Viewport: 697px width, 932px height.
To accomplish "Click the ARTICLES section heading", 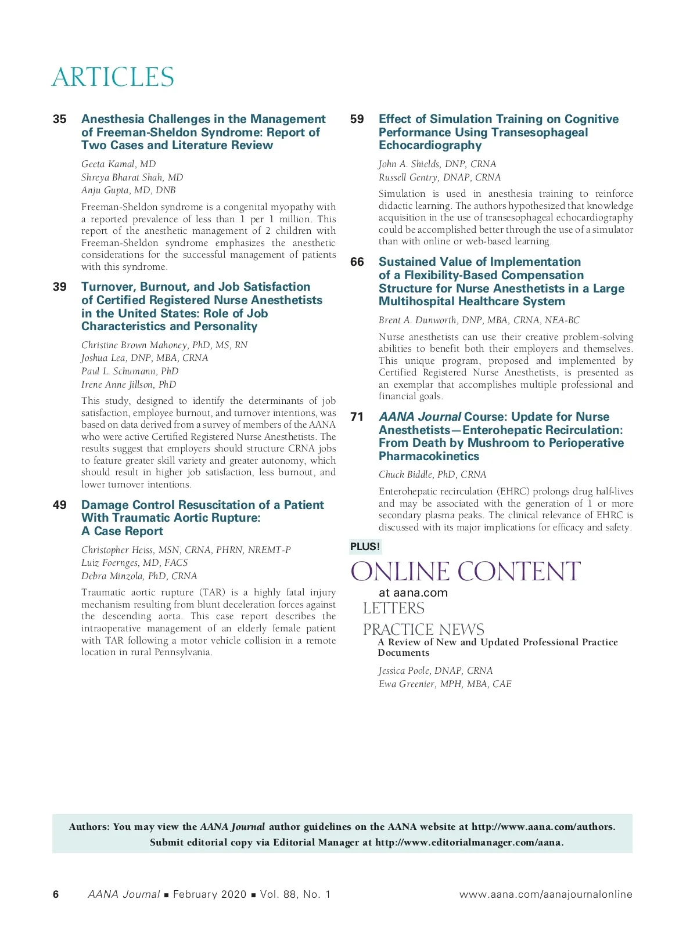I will coord(113,77).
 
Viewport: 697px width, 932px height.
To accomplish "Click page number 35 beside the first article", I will coord(59,119).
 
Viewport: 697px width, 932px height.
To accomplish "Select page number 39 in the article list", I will coord(59,287).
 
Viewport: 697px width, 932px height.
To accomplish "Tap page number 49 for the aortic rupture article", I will coord(59,505).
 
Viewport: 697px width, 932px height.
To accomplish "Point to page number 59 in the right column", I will coord(357,119).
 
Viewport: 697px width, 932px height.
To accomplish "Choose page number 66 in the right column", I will coord(357,262).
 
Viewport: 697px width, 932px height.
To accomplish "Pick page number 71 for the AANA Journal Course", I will coord(357,417).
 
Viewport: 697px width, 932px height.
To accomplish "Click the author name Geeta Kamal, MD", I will coord(118,164).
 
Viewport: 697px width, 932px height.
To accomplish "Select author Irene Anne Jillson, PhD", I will coord(128,384).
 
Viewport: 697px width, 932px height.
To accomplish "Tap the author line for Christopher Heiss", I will coord(186,550).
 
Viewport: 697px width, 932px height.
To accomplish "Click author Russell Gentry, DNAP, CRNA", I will coord(439,178).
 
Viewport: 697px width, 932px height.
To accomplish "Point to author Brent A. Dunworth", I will coord(479,320).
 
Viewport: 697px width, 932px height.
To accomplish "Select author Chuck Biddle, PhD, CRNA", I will coord(432,475).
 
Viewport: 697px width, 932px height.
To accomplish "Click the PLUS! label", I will coord(365,547).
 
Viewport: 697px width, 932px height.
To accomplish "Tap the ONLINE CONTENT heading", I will coord(465,572).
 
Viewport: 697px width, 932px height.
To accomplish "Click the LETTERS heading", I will coord(393,608).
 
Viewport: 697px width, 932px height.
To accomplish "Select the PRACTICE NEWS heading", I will coord(423,629).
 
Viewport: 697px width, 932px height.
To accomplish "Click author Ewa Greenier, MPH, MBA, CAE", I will coord(445,684).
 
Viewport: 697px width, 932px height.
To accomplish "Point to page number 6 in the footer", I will coord(56,894).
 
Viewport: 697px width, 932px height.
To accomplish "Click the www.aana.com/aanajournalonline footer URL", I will coord(545,894).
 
